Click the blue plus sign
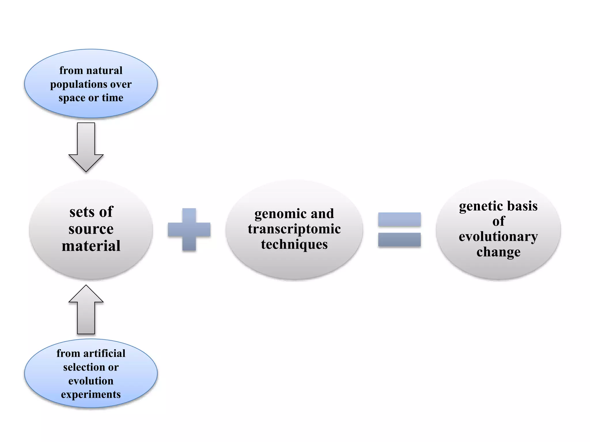pyautogui.click(x=189, y=230)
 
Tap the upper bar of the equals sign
pyautogui.click(x=399, y=220)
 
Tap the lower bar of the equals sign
pyautogui.click(x=399, y=240)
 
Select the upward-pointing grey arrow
pyautogui.click(x=86, y=310)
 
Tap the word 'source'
pyautogui.click(x=91, y=229)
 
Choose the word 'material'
pyautogui.click(x=91, y=246)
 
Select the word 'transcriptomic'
pyautogui.click(x=294, y=229)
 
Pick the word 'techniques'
pyautogui.click(x=294, y=245)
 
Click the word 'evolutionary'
pyautogui.click(x=498, y=237)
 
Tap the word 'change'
pyautogui.click(x=498, y=252)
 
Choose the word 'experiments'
pyautogui.click(x=91, y=395)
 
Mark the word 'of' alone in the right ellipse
pyautogui.click(x=498, y=222)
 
